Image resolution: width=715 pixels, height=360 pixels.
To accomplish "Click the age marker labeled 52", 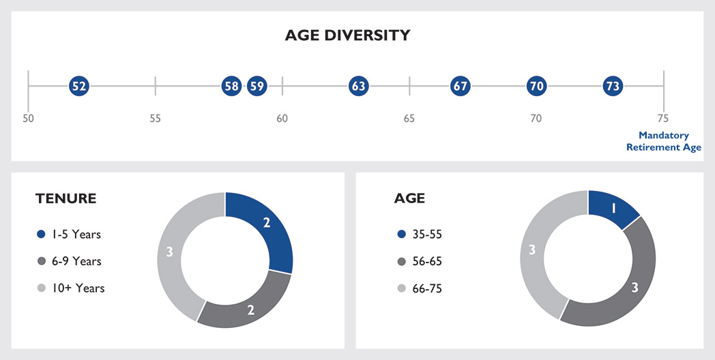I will (79, 86).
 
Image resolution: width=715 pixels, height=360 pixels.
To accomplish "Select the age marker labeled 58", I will (231, 86).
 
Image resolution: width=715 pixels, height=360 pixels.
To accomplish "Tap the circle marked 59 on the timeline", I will (257, 86).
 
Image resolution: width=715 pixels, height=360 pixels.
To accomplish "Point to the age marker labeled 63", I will (358, 86).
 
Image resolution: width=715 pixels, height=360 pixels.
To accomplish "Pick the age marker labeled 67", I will (461, 86).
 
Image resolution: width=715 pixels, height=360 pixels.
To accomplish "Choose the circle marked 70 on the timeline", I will (536, 86).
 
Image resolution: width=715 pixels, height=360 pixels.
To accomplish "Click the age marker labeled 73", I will (613, 86).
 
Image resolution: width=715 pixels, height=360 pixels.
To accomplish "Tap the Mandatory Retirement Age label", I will (663, 141).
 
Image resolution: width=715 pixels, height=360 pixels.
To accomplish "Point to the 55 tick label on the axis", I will (155, 119).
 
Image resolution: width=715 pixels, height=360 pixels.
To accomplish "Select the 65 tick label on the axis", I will (409, 119).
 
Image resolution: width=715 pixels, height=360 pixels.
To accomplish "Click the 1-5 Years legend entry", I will (68, 235).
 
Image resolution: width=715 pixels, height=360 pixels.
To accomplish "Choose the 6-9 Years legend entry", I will (68, 261).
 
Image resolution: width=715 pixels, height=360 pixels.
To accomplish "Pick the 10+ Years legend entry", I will (70, 288).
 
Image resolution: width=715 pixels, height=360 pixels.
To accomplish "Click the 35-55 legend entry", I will (422, 235).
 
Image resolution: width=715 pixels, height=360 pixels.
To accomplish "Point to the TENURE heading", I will (65, 199).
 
